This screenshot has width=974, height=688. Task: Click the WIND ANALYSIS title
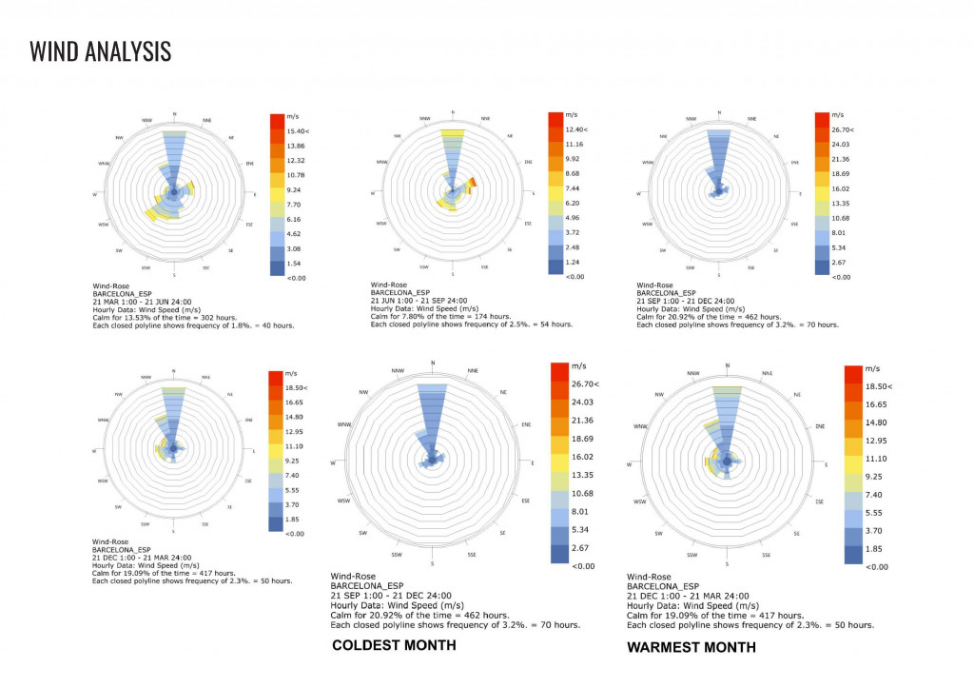tap(101, 50)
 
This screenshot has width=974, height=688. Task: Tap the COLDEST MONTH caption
tap(394, 646)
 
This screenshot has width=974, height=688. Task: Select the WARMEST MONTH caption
tap(692, 647)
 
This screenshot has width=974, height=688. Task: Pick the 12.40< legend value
tap(575, 128)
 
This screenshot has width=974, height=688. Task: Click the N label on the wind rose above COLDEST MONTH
tap(433, 362)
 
